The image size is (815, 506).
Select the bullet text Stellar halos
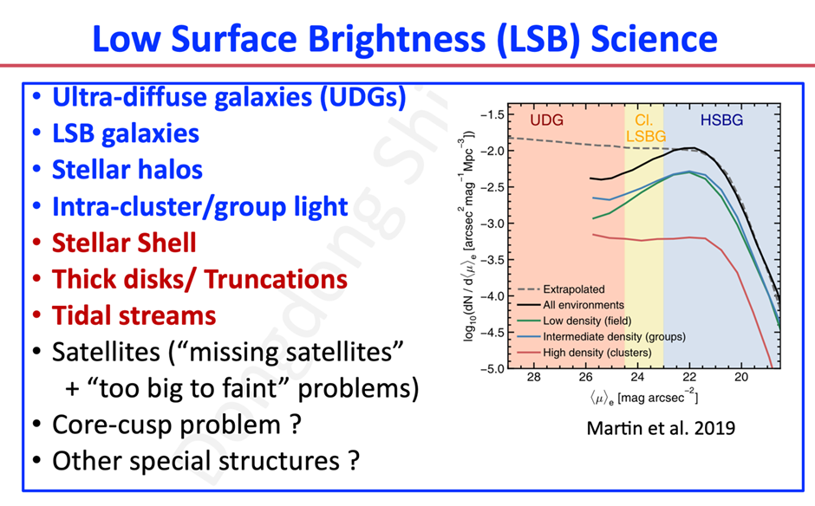point(127,169)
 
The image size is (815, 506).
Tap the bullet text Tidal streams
point(134,315)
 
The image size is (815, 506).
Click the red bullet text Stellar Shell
point(125,243)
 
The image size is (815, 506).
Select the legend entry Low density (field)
point(587,321)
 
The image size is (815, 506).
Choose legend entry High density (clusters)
point(598,352)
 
